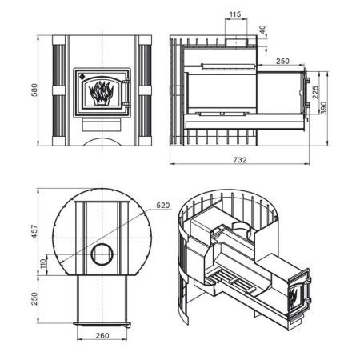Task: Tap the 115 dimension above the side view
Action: (234, 14)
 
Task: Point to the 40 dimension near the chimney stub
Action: (264, 30)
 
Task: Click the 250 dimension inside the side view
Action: (282, 61)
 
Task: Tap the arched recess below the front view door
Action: (102, 142)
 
